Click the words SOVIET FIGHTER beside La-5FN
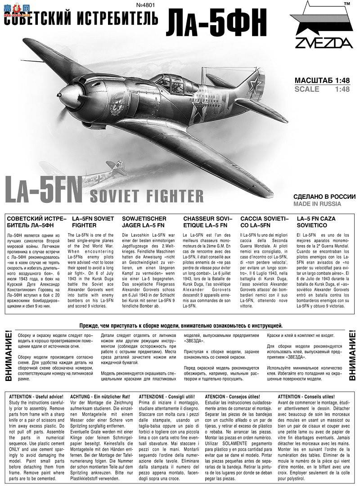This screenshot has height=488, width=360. [x=147, y=196]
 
